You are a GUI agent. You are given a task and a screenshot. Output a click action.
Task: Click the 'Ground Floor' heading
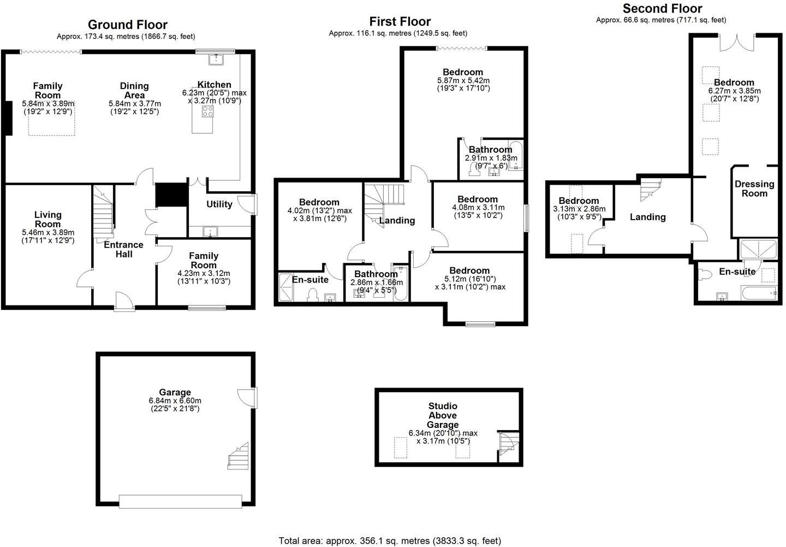(127, 25)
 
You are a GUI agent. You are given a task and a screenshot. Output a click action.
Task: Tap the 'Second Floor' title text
(662, 8)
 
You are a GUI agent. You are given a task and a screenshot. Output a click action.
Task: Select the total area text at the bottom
(390, 541)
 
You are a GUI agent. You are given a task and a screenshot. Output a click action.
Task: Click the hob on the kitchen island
(208, 111)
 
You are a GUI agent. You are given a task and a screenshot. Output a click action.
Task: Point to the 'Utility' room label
(219, 204)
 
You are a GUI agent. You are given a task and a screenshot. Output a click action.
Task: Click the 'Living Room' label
(48, 220)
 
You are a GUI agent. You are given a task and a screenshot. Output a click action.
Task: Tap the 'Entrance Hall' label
(124, 249)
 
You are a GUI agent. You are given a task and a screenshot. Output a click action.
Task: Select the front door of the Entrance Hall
(124, 302)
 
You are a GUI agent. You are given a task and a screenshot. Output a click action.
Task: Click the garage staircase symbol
(238, 456)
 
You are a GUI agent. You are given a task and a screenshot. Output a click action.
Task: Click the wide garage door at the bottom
(180, 501)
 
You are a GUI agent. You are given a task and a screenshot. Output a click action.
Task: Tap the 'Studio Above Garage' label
(443, 415)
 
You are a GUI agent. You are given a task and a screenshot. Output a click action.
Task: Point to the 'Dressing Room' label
(754, 189)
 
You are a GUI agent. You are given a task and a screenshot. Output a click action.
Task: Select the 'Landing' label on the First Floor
(397, 221)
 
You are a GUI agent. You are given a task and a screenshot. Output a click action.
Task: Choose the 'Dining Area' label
(134, 90)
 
